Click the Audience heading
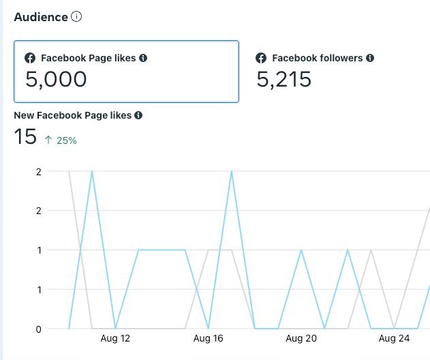41,17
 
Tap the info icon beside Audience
76,17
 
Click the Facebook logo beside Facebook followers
261,59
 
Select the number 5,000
56,80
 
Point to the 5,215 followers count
283,80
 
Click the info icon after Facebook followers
369,59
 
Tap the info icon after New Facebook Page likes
138,116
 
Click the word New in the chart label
25,116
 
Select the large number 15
25,137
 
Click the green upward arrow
48,140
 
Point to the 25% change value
67,140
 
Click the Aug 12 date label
114,338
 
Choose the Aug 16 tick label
208,338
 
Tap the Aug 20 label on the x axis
301,338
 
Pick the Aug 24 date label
393,338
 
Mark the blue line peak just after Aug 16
232,171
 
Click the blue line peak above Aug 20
301,250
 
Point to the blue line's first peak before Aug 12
92,171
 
